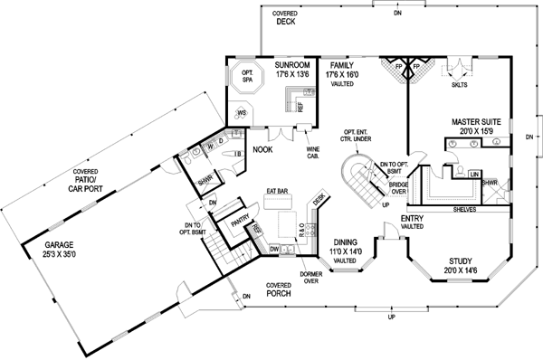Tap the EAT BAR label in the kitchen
pyautogui.click(x=277, y=191)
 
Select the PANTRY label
pyautogui.click(x=241, y=218)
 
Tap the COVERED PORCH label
pyautogui.click(x=279, y=289)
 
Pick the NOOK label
pyautogui.click(x=262, y=148)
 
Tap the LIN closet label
pyautogui.click(x=475, y=172)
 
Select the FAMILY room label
pyautogui.click(x=342, y=65)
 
